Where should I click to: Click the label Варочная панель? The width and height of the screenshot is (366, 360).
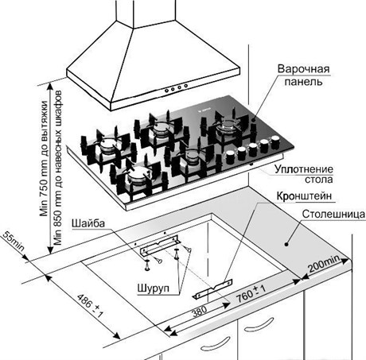304,75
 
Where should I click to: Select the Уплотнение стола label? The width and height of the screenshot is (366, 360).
304,174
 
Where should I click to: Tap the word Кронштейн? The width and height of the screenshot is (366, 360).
304,196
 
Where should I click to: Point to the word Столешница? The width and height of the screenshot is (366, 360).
333,214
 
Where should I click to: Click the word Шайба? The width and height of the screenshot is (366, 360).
88,223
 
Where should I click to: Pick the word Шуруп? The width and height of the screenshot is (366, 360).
153,288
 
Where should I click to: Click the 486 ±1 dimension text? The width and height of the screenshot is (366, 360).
90,305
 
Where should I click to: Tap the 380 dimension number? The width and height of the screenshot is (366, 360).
200,312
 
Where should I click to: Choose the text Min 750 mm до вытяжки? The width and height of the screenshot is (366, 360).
44,158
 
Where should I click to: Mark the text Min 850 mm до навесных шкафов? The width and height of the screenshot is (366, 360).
57,168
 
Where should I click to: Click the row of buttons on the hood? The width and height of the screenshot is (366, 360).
176,88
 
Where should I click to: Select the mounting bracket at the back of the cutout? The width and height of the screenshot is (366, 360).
161,246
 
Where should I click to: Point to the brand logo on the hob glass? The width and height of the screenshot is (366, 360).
205,109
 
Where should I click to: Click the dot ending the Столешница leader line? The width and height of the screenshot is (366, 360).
286,244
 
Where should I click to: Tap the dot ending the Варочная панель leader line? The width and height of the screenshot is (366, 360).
253,120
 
